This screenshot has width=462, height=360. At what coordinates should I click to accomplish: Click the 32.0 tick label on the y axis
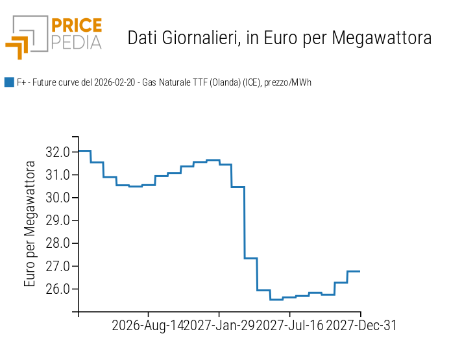(58, 152)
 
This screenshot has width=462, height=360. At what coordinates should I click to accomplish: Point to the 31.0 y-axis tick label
(58, 175)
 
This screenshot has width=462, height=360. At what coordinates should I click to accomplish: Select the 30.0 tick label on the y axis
(58, 198)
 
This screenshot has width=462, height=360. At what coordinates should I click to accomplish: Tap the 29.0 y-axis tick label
(58, 221)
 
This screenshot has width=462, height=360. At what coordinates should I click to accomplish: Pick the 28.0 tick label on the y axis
(58, 243)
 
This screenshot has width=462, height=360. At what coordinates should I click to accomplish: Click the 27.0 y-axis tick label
(58, 266)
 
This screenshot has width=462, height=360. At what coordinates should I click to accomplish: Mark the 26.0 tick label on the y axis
(58, 289)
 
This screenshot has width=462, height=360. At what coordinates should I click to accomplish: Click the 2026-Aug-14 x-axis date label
(148, 326)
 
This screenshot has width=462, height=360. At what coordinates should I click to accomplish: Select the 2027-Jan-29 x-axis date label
(219, 326)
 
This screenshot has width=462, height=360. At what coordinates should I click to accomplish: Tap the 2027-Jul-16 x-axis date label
(289, 326)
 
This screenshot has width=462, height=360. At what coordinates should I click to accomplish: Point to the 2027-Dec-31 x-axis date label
(361, 326)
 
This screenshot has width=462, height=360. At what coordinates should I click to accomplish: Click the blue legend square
(9, 82)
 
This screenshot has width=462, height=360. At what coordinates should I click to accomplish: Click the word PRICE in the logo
(76, 26)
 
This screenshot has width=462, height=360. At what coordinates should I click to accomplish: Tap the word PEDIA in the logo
(76, 43)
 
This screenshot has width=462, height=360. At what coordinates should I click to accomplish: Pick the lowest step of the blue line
(276, 299)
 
